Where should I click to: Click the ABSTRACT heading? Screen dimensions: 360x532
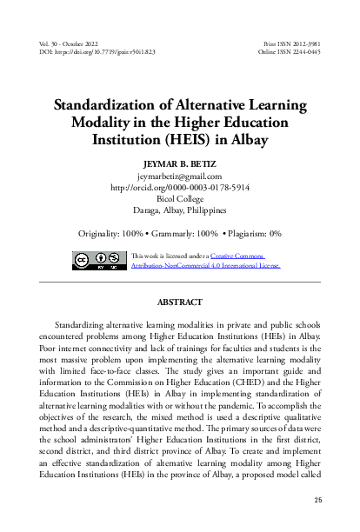[179, 303]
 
